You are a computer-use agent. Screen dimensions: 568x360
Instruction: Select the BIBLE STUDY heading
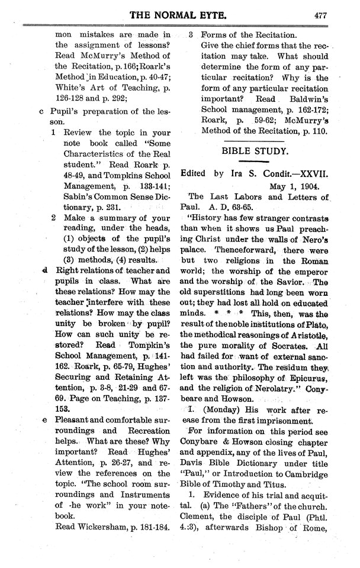(255, 151)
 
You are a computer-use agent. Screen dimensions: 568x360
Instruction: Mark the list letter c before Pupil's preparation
(40, 111)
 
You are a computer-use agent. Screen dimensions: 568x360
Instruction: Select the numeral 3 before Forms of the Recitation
(191, 34)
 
